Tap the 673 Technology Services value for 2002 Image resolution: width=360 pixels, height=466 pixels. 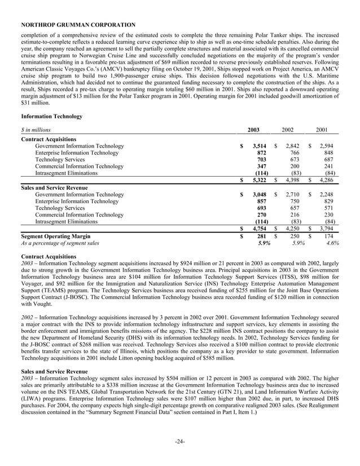click(294, 160)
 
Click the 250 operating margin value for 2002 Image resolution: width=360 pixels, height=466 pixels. click(294, 236)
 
